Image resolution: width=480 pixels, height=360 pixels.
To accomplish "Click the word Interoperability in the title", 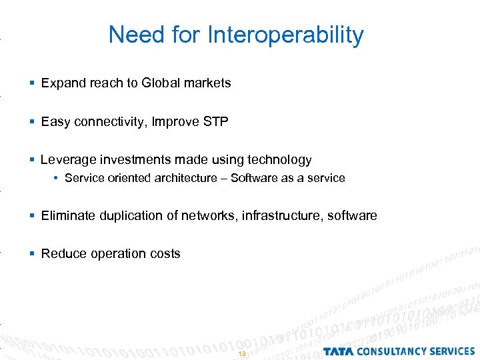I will [x=286, y=35].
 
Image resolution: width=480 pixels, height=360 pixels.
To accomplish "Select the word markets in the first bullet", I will [x=206, y=83].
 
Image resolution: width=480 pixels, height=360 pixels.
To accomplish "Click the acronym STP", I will [x=215, y=121].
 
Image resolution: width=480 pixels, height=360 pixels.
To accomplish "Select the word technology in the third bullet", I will [x=279, y=160].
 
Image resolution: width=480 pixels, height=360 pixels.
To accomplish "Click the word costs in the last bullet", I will [x=165, y=254].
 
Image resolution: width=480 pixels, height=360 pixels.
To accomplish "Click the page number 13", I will [x=241, y=353].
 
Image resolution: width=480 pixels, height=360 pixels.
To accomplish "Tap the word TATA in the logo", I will [x=340, y=351].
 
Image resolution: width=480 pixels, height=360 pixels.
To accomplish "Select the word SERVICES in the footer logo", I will [x=451, y=351].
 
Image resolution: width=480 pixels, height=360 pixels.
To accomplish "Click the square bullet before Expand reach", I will [x=33, y=83].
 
